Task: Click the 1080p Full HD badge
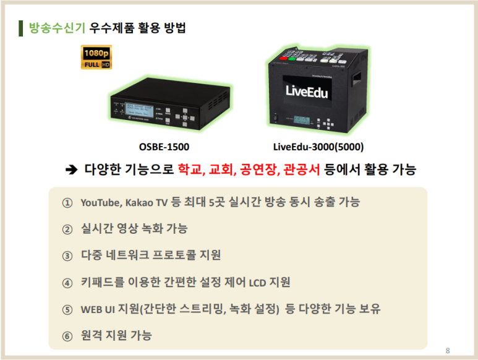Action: coord(96,57)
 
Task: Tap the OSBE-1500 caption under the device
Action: coord(164,147)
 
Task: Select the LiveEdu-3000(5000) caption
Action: coord(318,147)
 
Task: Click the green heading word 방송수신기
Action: coord(53,28)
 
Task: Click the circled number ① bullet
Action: coord(67,203)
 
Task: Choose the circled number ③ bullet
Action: coord(67,255)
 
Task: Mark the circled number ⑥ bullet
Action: coord(67,336)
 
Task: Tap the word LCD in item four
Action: coord(257,283)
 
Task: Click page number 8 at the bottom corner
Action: coord(447,351)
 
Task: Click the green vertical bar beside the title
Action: coord(21,28)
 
